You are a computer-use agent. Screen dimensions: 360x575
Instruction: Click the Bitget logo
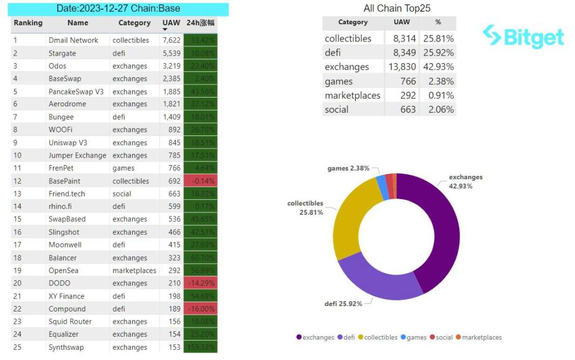coord(523,36)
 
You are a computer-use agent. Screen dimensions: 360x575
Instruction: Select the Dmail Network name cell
coord(73,40)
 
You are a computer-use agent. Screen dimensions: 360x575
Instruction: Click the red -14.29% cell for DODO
coord(200,283)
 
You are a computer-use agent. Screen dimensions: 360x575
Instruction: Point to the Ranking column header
coord(28,23)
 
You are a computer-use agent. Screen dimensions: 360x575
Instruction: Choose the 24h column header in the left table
coord(200,23)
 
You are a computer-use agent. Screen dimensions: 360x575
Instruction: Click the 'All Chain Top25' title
coord(397,8)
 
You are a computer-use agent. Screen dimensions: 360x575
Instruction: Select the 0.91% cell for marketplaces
coord(442,96)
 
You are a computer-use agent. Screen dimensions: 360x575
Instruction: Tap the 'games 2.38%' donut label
coord(348,168)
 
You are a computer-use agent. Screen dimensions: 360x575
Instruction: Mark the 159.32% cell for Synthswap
coord(200,347)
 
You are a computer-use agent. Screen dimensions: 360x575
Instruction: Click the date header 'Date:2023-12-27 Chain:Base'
coord(118,9)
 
